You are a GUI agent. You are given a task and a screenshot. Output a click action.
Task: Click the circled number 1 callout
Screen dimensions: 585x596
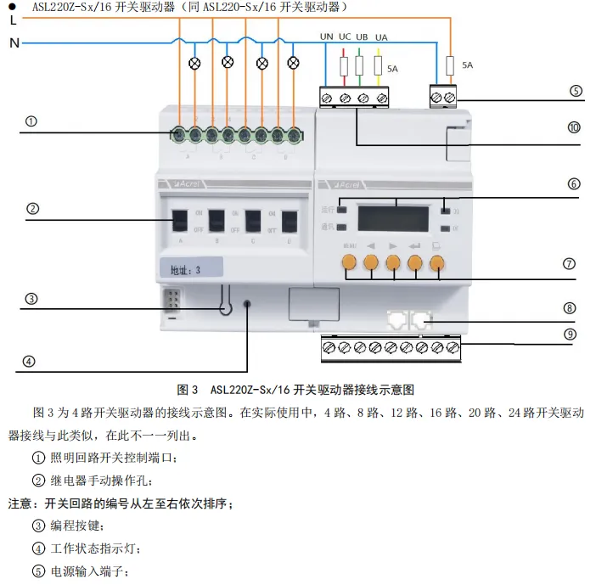(x=31, y=121)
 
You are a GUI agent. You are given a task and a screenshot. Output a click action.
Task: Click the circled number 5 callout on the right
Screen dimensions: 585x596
(x=576, y=91)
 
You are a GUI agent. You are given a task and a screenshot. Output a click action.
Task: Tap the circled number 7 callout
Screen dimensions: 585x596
(x=571, y=264)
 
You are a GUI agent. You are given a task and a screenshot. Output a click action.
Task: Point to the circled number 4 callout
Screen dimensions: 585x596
(x=30, y=361)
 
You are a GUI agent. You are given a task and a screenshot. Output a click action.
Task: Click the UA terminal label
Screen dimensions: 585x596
(x=381, y=37)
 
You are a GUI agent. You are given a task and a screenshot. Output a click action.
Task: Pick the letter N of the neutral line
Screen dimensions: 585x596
(x=13, y=42)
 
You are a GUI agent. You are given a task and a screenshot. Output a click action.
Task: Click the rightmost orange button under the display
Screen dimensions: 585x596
(x=437, y=264)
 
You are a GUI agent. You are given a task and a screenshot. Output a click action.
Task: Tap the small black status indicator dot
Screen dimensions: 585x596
(x=247, y=303)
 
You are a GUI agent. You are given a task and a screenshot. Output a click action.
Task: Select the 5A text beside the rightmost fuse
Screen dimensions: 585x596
(x=467, y=65)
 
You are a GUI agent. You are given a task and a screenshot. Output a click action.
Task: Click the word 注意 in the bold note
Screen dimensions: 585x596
(x=21, y=503)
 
